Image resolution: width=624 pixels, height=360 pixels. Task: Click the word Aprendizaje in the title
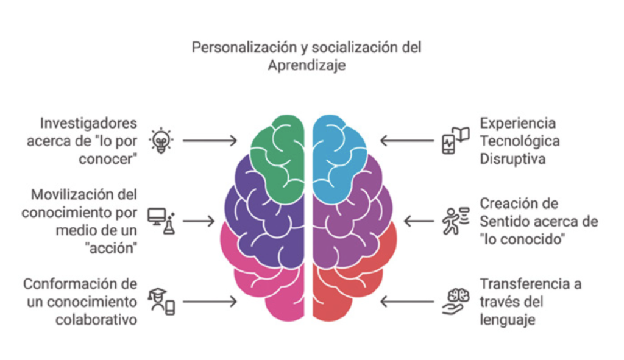(307, 65)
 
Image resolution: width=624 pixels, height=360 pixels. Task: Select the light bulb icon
(161, 141)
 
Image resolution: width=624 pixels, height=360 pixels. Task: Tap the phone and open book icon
(455, 141)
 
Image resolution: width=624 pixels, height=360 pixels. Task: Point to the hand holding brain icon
(455, 301)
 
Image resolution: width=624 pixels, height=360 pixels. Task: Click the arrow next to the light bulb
(210, 141)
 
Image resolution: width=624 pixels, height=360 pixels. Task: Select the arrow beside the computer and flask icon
(199, 221)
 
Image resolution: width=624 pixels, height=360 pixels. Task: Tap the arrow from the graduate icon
(210, 301)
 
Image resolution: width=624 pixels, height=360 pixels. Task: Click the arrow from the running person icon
(417, 221)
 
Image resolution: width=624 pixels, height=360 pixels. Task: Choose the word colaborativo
(97, 319)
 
